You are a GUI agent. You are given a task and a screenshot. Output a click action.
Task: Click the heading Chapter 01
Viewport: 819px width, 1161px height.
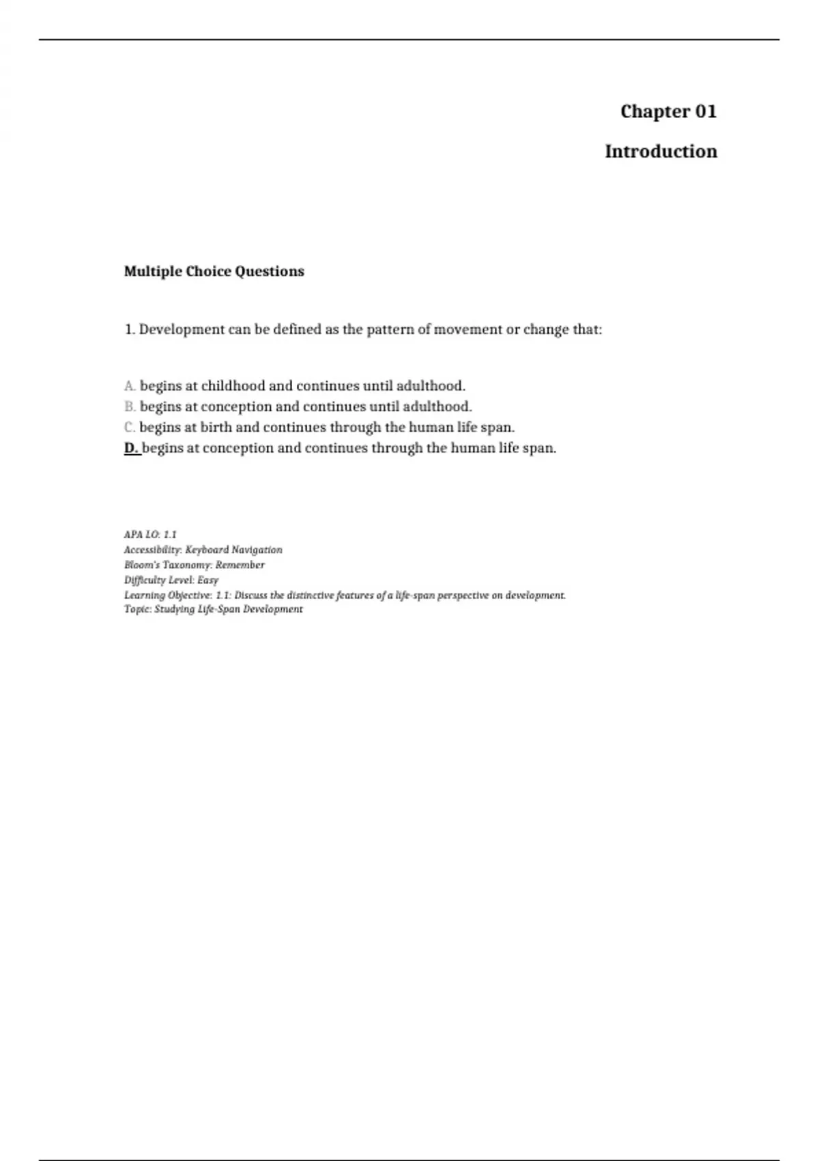pyautogui.click(x=668, y=111)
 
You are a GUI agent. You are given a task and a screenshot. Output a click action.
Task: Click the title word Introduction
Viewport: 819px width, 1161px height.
pyautogui.click(x=661, y=152)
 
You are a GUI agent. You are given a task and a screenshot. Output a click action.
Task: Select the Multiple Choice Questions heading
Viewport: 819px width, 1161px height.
pyautogui.click(x=214, y=271)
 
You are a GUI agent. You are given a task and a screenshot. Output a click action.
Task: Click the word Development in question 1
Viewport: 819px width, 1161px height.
pyautogui.click(x=182, y=330)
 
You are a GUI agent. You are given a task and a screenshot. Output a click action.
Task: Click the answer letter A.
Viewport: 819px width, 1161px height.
pyautogui.click(x=130, y=386)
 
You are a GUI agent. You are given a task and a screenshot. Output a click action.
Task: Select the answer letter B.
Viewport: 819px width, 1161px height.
pyautogui.click(x=130, y=407)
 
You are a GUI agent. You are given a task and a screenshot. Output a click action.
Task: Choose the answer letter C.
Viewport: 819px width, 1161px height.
pyautogui.click(x=130, y=428)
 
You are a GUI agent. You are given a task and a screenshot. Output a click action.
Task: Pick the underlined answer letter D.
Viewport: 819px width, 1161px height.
pyautogui.click(x=131, y=449)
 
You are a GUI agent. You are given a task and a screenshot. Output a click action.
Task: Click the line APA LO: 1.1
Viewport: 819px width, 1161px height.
pyautogui.click(x=150, y=535)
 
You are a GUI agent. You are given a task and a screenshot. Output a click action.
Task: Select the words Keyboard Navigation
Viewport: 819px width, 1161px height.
pyautogui.click(x=233, y=550)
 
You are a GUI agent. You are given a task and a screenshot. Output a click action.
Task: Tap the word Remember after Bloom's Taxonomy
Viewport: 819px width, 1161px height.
pyautogui.click(x=240, y=565)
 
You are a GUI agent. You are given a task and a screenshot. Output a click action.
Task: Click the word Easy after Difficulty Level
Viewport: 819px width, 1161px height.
pyautogui.click(x=207, y=580)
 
